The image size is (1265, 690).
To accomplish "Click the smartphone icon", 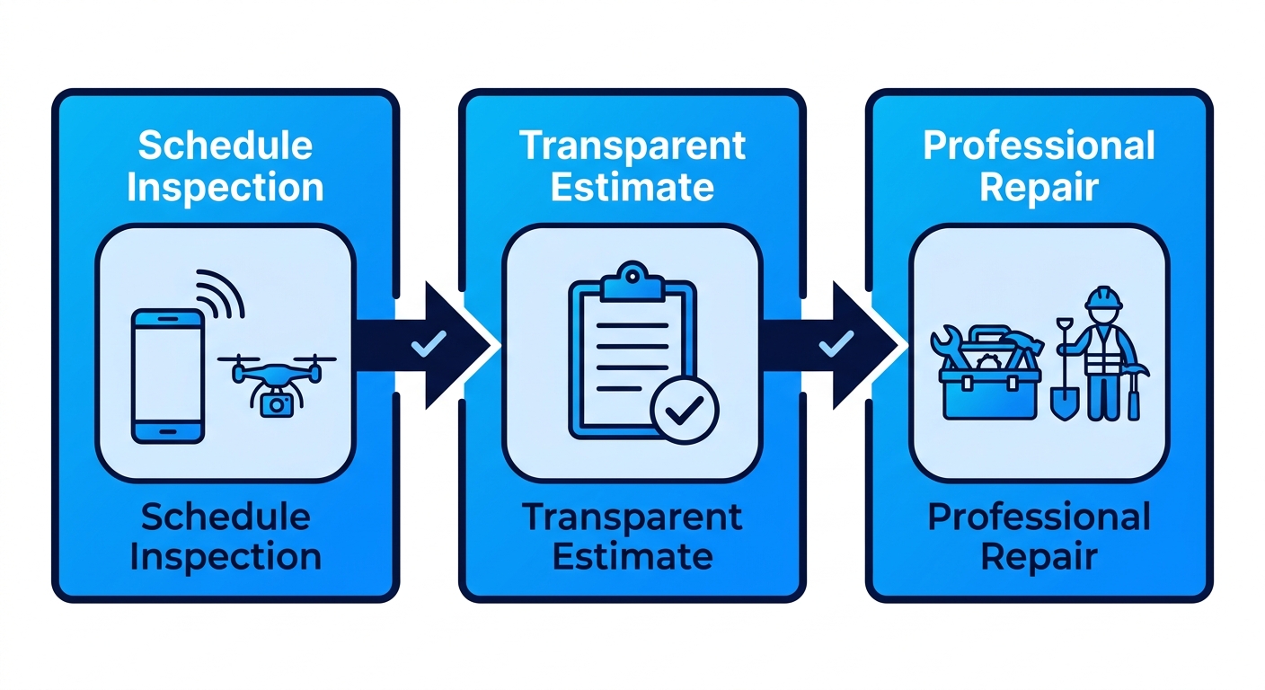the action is pyautogui.click(x=168, y=376).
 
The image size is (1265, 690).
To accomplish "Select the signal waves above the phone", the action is pyautogui.click(x=220, y=294).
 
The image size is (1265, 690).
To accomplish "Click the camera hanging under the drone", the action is pyautogui.click(x=276, y=404).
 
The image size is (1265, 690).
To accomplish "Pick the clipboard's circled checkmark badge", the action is pyautogui.click(x=684, y=410).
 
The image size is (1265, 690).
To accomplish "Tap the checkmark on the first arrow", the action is pyautogui.click(x=429, y=343).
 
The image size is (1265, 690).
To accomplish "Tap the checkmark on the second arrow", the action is pyautogui.click(x=836, y=343).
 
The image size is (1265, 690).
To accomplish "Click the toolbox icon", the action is pyautogui.click(x=989, y=374).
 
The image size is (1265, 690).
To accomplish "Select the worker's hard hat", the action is pyautogui.click(x=1103, y=297).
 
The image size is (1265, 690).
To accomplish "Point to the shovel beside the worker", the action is pyautogui.click(x=1065, y=369).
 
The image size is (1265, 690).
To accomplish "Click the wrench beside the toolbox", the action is pyautogui.click(x=948, y=348).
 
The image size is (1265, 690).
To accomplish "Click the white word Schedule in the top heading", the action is pyautogui.click(x=226, y=146).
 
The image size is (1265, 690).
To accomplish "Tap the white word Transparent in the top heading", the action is pyautogui.click(x=632, y=146).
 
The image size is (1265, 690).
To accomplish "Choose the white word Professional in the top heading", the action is pyautogui.click(x=1039, y=146).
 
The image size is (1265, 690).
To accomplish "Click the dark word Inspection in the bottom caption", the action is pyautogui.click(x=226, y=557).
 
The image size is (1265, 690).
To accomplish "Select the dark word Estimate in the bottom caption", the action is pyautogui.click(x=632, y=557).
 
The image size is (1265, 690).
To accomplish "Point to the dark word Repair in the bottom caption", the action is pyautogui.click(x=1039, y=557).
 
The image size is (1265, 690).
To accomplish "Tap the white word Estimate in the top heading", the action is pyautogui.click(x=632, y=187).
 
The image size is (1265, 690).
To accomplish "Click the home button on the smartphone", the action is pyautogui.click(x=168, y=432).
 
